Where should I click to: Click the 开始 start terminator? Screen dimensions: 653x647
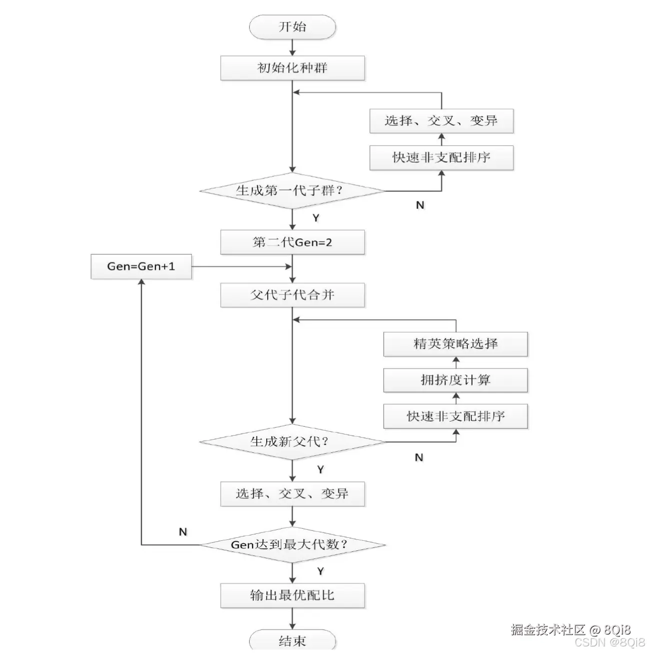click(x=292, y=27)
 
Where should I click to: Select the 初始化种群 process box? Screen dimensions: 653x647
click(x=292, y=68)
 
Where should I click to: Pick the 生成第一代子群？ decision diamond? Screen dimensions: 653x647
click(x=292, y=191)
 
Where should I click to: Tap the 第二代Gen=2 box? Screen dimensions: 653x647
click(x=292, y=242)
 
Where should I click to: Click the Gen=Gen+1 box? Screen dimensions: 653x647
click(x=141, y=266)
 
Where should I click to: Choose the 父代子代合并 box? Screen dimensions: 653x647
click(x=292, y=295)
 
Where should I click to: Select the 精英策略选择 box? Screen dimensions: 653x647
click(x=455, y=344)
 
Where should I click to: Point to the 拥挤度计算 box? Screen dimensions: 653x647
click(x=455, y=380)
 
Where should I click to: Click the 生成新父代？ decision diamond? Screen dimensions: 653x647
click(x=292, y=442)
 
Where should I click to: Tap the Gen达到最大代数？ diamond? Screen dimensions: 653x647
click(x=292, y=545)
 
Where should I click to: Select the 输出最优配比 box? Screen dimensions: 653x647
click(x=292, y=595)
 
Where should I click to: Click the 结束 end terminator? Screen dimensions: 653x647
click(x=292, y=641)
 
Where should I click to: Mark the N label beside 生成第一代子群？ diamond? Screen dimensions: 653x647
click(x=420, y=205)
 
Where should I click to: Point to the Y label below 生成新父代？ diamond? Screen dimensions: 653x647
click(x=320, y=470)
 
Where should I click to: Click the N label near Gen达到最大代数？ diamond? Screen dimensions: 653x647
click(x=183, y=532)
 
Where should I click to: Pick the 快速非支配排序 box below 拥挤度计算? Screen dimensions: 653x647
click(x=455, y=416)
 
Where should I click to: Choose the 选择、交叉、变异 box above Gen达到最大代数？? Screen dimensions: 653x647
click(x=292, y=494)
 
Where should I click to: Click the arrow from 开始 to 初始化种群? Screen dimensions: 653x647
click(x=292, y=48)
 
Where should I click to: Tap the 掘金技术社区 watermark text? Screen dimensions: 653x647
click(x=548, y=629)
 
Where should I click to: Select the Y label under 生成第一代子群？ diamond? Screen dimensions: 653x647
click(x=316, y=218)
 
